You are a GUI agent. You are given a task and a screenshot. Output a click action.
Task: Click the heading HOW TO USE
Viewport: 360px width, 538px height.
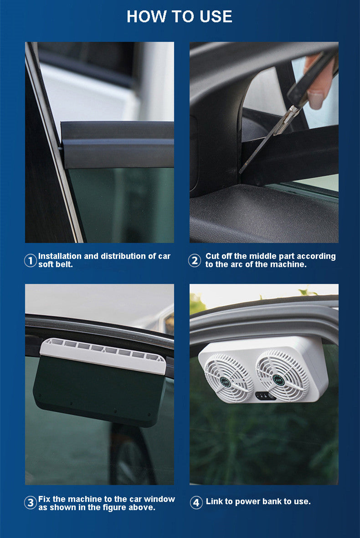tap(179, 16)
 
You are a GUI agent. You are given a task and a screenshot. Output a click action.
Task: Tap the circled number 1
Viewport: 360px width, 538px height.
tap(30, 260)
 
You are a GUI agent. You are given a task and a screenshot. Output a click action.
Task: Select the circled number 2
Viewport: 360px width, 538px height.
tap(195, 260)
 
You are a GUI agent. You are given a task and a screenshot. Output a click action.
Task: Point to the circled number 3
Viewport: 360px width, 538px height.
tap(30, 503)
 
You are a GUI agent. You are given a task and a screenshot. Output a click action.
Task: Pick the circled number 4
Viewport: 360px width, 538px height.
tap(196, 503)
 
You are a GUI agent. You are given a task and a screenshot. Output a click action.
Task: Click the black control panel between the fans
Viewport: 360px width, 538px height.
tap(264, 396)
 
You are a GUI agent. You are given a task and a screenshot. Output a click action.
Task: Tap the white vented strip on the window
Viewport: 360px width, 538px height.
tap(103, 356)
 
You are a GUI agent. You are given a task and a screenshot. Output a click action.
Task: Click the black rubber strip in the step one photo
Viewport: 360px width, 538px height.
tap(117, 144)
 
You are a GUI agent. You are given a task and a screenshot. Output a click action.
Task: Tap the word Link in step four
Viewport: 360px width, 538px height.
tap(213, 501)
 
